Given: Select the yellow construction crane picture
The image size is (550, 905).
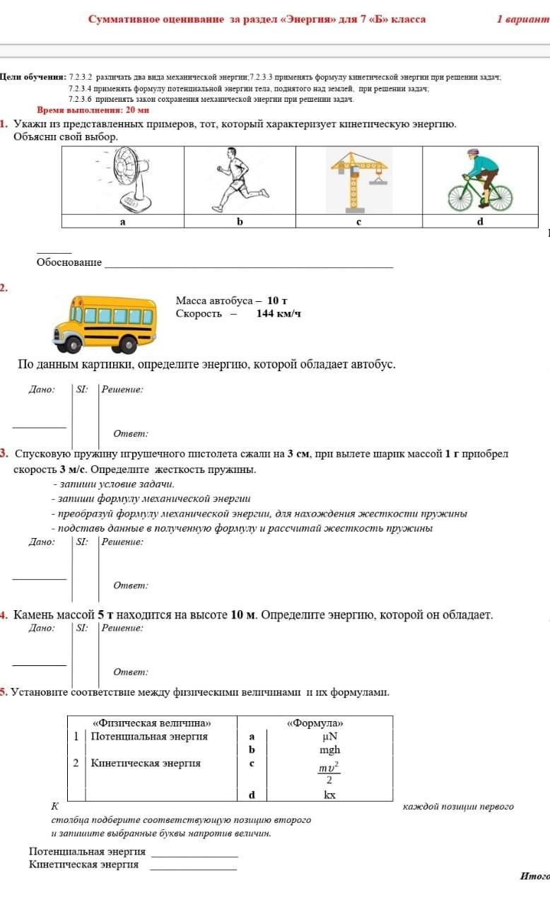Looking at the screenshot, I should coord(359,180).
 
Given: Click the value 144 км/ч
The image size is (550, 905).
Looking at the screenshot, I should coord(279,313).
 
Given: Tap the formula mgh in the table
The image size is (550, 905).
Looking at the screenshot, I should coord(329,749).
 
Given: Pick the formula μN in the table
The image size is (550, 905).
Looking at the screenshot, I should coord(329,736).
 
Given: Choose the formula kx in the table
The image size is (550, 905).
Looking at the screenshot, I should coord(329,795).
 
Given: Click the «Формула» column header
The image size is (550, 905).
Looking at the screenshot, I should coord(315,723).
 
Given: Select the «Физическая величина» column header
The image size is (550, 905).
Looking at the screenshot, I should coord(152,723).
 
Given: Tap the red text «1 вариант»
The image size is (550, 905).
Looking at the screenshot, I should coord(522,19).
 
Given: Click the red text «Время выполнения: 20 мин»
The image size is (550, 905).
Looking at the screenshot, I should coord(93,110).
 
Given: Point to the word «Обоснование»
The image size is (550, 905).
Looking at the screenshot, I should coord(69,262).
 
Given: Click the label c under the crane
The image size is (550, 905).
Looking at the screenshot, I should coord(358,221).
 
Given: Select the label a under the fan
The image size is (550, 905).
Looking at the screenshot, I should coord(122,221).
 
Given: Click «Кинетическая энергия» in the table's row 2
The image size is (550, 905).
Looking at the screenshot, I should coord(146,763).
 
